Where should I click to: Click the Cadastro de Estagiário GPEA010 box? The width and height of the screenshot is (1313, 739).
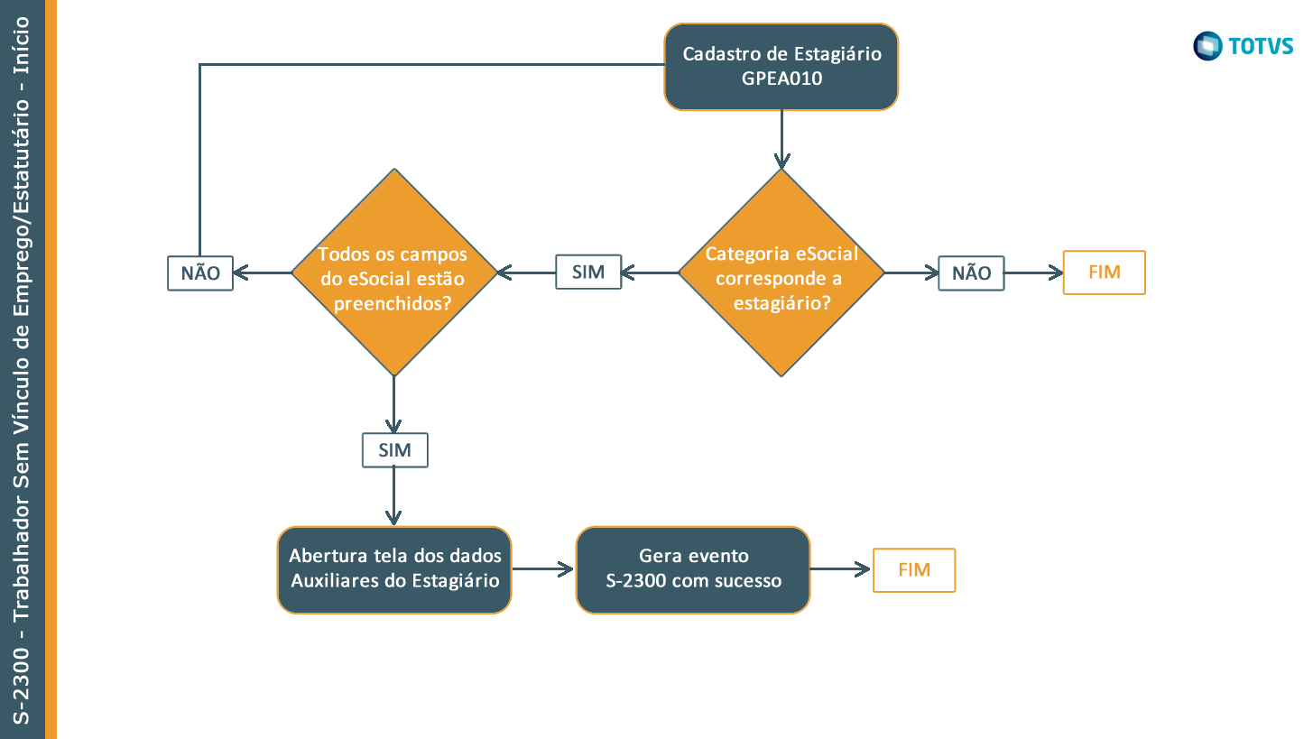781,67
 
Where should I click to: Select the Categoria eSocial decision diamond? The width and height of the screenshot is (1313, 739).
781,273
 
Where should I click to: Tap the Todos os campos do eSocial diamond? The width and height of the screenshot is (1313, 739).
394,273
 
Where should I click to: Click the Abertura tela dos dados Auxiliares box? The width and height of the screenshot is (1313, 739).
394,570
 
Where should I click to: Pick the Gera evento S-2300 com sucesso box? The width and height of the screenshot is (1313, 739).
693,570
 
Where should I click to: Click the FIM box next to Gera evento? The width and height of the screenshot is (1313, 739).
913,570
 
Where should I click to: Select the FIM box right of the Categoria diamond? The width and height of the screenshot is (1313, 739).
1104,273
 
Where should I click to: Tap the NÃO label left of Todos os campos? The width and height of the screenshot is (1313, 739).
200,273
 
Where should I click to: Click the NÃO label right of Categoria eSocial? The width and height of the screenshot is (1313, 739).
971,273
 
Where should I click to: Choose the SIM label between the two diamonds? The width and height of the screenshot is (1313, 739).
588,272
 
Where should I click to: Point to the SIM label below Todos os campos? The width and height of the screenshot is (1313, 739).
394,450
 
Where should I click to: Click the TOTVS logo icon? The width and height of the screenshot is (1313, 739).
1207,46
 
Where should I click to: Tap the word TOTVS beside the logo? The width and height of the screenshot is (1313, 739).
1260,46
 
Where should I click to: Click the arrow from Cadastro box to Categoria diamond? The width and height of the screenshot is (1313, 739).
781,140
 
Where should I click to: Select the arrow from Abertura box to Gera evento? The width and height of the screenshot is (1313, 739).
544,569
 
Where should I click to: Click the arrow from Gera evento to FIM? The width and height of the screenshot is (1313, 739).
841,569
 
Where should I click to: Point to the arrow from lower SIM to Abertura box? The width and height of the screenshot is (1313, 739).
394,496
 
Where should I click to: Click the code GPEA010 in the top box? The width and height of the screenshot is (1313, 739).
781,79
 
